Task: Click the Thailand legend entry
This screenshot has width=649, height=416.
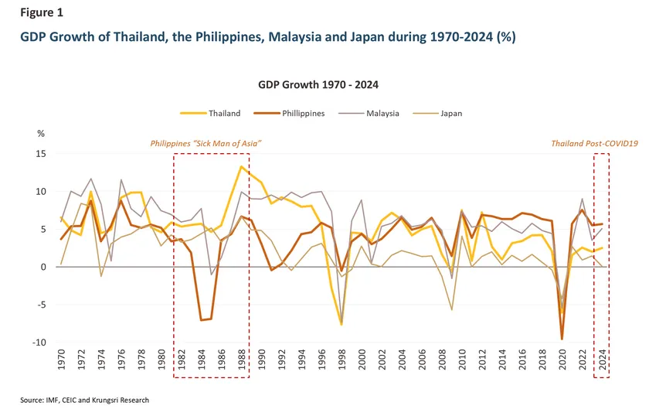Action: (224, 113)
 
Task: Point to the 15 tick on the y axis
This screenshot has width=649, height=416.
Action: (41, 154)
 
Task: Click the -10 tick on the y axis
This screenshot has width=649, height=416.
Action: (39, 343)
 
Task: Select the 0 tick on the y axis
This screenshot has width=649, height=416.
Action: (43, 268)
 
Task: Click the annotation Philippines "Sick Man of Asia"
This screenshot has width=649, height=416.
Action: (206, 144)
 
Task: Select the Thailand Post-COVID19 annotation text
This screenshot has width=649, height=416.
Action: (593, 144)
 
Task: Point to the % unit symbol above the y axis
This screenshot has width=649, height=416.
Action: (41, 134)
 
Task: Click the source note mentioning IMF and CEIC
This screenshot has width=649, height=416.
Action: (84, 400)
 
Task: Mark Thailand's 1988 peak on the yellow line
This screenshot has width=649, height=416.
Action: (242, 166)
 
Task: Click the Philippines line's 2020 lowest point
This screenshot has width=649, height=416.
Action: (562, 339)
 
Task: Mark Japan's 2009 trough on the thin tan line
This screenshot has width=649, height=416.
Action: (452, 310)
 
